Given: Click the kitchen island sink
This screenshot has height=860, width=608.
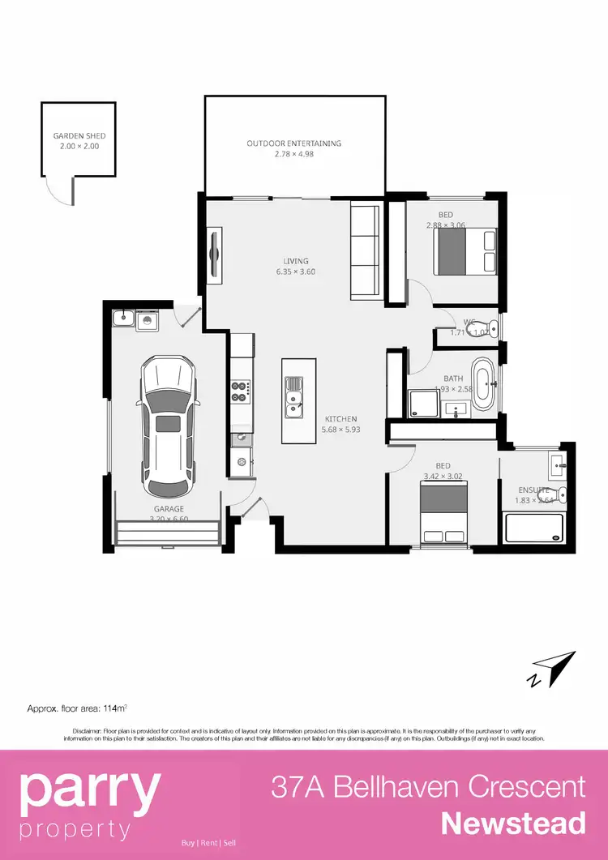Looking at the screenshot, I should [293, 396].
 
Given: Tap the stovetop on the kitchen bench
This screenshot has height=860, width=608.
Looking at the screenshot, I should [240, 391].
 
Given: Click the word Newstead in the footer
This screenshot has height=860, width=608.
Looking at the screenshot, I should [513, 824].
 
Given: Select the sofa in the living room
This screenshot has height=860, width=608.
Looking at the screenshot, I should [365, 252].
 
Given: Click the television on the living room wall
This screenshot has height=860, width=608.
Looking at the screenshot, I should [216, 256].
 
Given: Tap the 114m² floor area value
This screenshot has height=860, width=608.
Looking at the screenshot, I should [113, 709].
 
